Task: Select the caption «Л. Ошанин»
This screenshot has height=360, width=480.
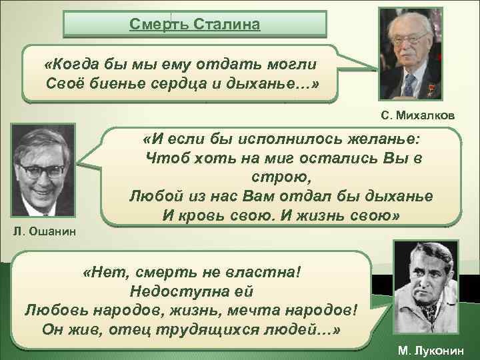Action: coord(45,231)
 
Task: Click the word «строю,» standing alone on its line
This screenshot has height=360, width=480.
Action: coord(279,179)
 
